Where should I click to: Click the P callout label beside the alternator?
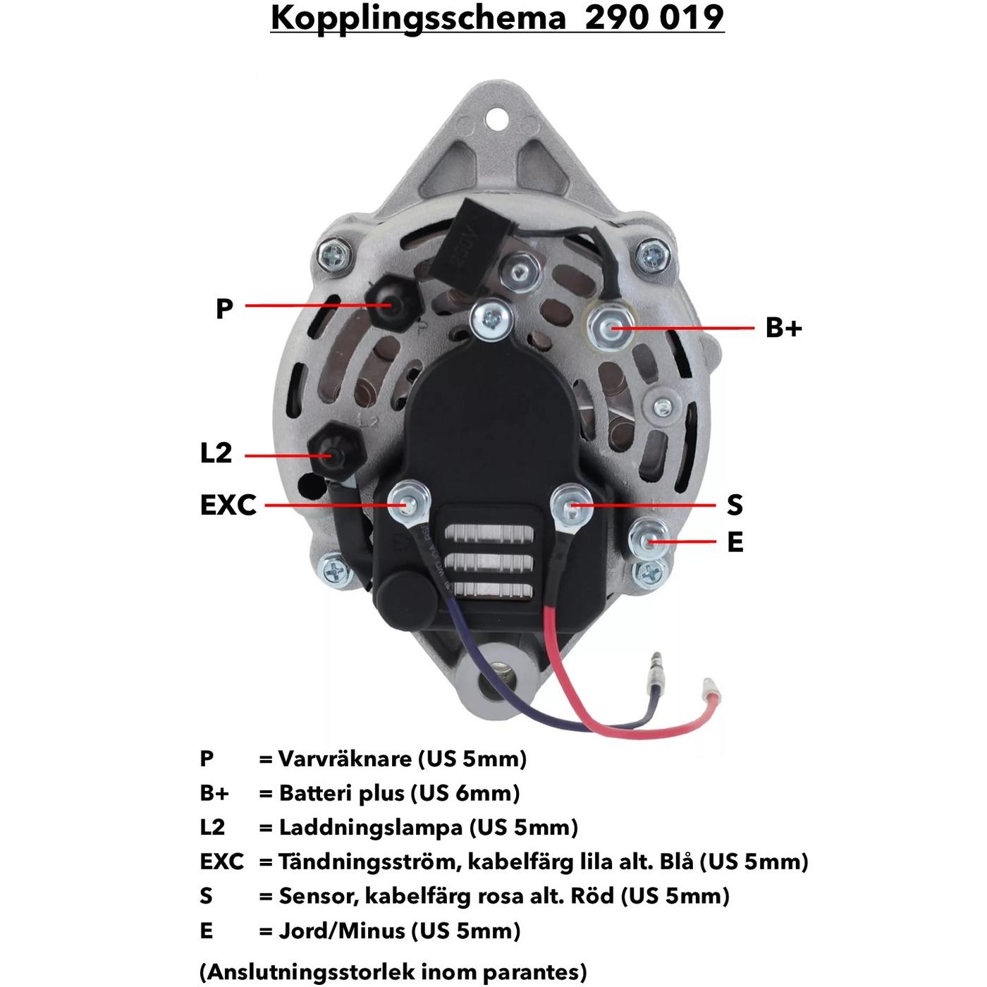[x=224, y=308]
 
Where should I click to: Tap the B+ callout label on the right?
[x=783, y=328]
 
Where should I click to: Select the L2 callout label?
[x=216, y=453]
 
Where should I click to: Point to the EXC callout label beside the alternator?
[x=228, y=505]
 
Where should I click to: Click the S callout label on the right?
[x=735, y=505]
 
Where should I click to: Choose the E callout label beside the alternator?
[x=735, y=542]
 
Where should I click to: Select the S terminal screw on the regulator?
[x=571, y=505]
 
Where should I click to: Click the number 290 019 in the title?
[x=654, y=17]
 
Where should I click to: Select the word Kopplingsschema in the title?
[x=418, y=17]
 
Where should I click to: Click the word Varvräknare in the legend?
[x=345, y=759]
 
